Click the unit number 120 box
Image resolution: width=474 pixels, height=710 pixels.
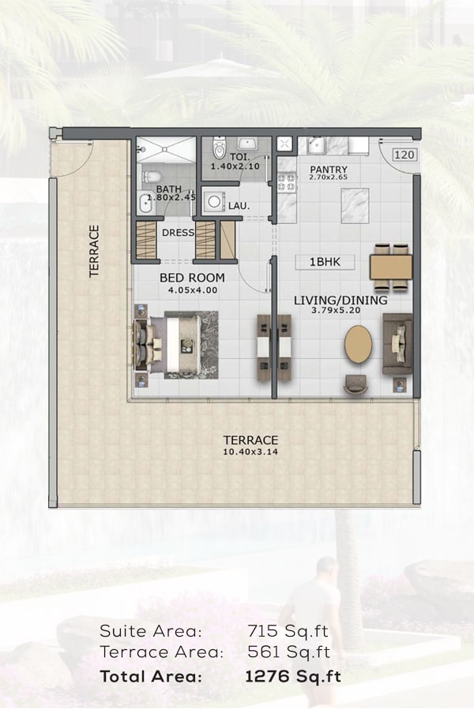(404, 155)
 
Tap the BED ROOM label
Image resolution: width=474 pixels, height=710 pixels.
(192, 278)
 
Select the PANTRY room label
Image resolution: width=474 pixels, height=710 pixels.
(329, 170)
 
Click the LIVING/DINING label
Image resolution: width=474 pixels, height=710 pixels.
(340, 301)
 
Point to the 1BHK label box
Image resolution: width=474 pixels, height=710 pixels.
(325, 262)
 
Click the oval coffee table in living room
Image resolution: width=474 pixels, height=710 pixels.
(358, 344)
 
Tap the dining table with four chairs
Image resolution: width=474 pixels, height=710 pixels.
(391, 267)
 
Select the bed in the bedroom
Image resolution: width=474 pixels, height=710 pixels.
(177, 345)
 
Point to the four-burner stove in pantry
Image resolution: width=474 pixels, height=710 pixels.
(286, 182)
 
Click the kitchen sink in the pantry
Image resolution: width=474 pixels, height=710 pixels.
(315, 146)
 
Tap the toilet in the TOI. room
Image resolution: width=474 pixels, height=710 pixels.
(219, 147)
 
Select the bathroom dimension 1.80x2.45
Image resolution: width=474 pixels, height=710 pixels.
(171, 197)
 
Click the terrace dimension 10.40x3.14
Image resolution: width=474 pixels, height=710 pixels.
(250, 451)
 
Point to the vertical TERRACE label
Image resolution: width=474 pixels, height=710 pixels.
(94, 252)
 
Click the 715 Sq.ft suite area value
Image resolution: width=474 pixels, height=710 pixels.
(288, 631)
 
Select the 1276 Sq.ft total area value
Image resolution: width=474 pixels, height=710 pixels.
(293, 677)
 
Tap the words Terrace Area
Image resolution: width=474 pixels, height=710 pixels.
(161, 652)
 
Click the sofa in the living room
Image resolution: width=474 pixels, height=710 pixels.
(397, 344)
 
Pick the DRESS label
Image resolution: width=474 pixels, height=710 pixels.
(179, 233)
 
